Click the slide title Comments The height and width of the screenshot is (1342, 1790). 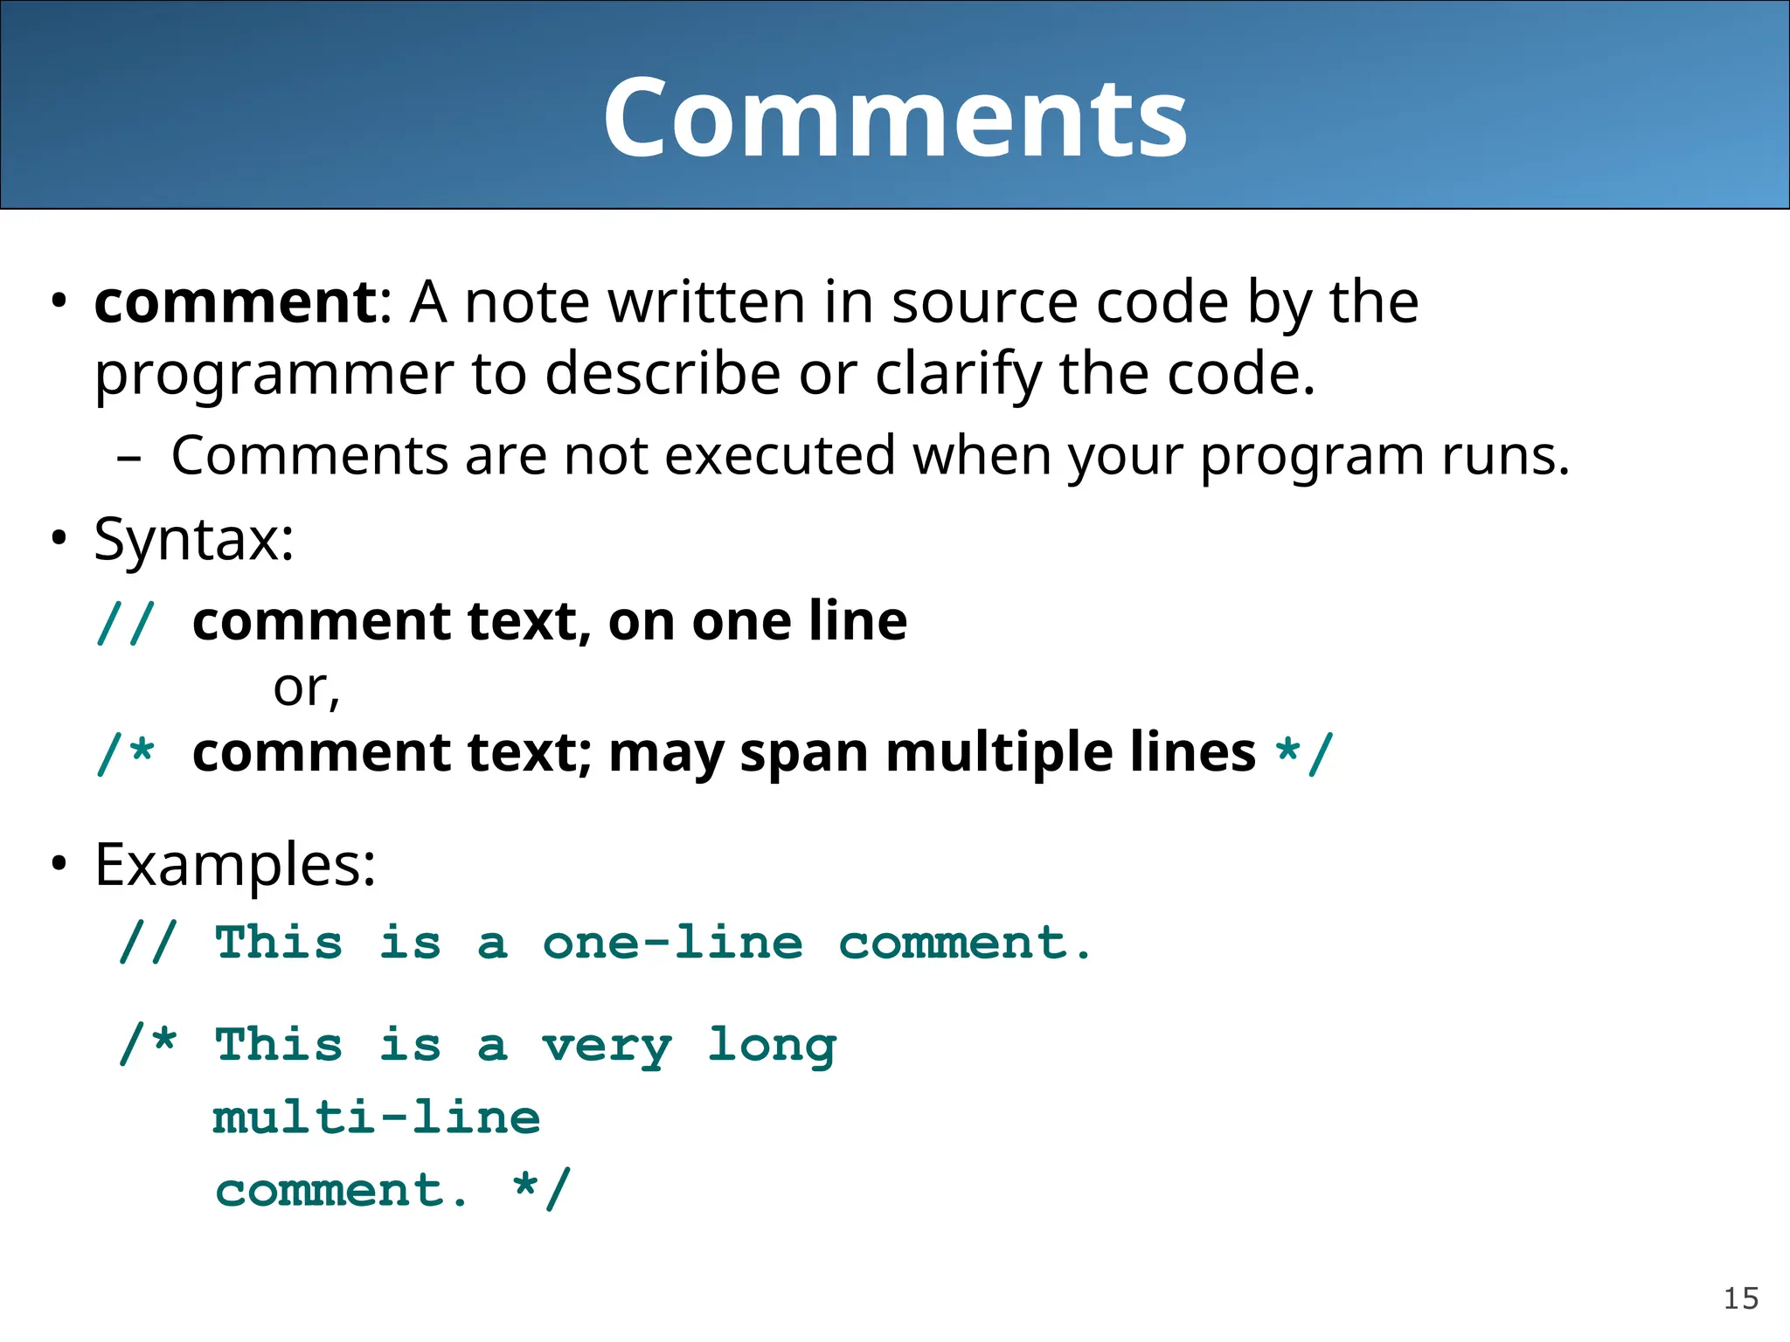895,118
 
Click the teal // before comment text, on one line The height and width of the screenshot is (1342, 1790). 126,622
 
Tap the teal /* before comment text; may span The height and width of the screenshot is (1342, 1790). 126,753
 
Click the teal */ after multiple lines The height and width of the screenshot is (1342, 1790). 1304,753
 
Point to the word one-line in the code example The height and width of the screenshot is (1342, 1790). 672,944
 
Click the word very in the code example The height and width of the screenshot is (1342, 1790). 607,1046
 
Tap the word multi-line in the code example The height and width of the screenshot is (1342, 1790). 377,1118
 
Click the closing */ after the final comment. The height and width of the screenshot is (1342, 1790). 542,1190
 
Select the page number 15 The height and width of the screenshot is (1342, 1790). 1740,1298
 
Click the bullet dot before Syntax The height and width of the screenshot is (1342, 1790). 59,538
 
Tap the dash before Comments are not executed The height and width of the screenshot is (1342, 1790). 128,457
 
